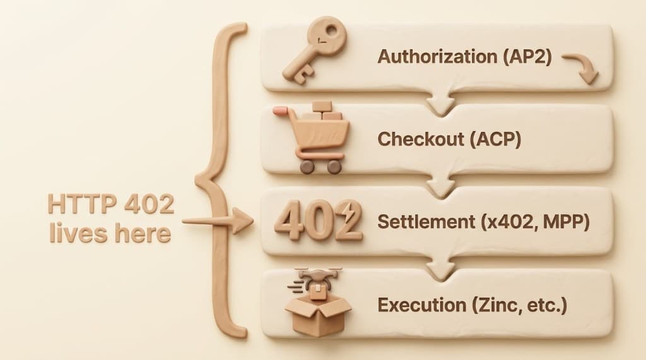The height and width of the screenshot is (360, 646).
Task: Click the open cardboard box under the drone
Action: pos(317,311)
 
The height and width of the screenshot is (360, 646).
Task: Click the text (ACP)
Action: pos(493,139)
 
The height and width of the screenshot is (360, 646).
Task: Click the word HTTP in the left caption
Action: pos(81,206)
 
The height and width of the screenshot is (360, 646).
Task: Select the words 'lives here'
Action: pos(109,235)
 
